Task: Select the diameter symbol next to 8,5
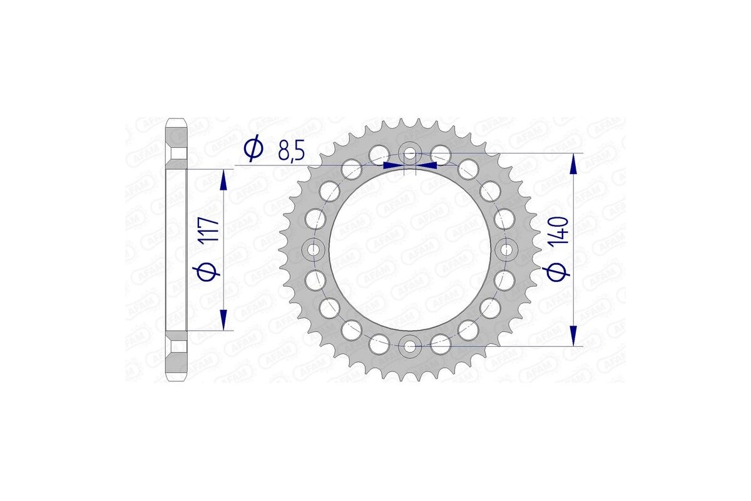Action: [x=253, y=150]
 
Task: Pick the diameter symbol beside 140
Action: [x=559, y=271]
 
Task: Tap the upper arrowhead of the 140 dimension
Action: [x=573, y=165]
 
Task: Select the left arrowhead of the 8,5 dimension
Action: [x=392, y=165]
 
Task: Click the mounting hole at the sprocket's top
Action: [x=410, y=153]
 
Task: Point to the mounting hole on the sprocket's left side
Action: [x=314, y=249]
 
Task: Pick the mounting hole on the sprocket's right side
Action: [x=506, y=249]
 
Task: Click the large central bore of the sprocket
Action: [x=410, y=249]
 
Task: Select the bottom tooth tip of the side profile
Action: [x=177, y=378]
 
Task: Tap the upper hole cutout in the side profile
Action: [x=178, y=153]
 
